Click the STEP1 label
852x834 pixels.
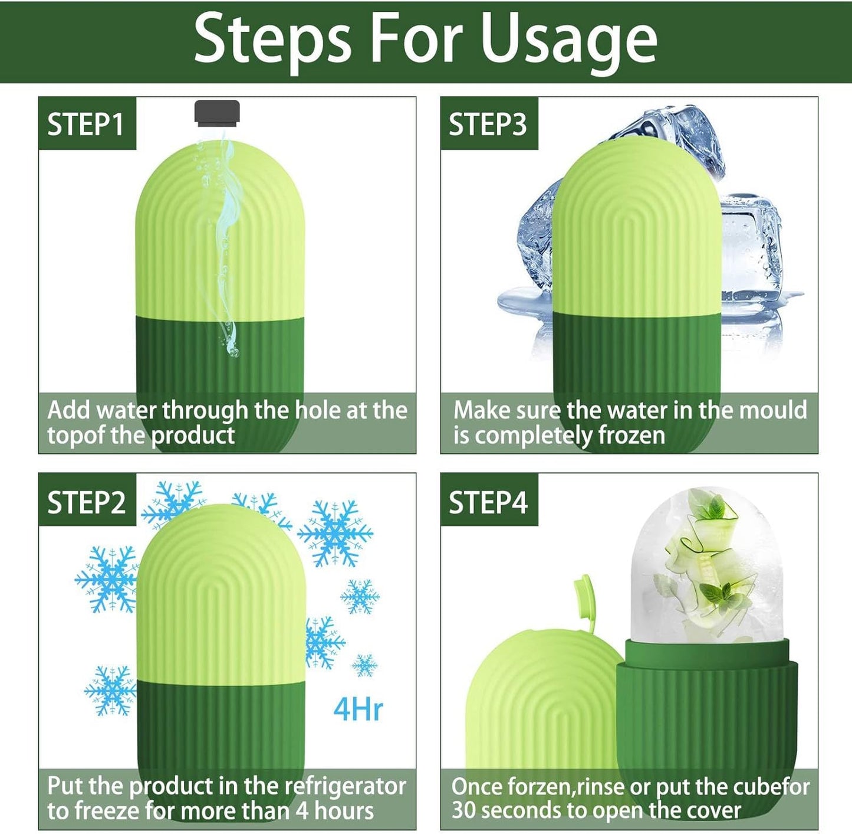[86, 125]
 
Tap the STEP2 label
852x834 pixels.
[87, 502]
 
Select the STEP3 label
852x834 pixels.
[488, 125]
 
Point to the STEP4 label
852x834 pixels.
[488, 502]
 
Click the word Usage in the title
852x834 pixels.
[568, 40]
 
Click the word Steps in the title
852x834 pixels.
[272, 40]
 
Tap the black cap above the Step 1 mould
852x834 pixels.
[217, 113]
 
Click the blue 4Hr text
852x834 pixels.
[358, 709]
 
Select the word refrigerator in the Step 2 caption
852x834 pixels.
[345, 786]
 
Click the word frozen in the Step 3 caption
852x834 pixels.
[631, 436]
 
